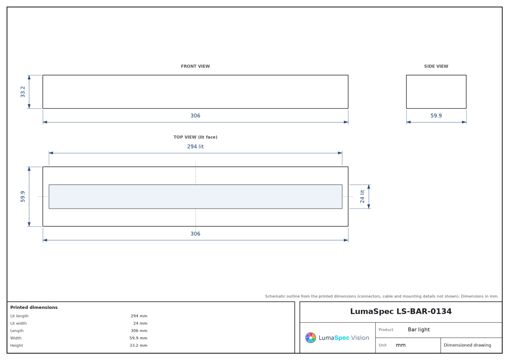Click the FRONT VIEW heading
tap(195, 66)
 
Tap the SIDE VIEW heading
tap(436, 66)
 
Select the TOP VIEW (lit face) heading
tap(195, 137)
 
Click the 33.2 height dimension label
tap(22, 92)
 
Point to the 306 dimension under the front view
tap(195, 115)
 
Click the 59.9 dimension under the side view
tap(436, 115)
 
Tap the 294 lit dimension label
tap(195, 146)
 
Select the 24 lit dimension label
tap(362, 197)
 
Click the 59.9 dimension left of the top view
tap(22, 197)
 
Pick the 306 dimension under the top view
tap(195, 233)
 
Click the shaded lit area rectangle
tap(196, 197)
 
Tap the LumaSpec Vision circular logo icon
tap(310, 337)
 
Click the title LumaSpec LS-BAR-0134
tap(400, 311)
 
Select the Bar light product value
tap(419, 329)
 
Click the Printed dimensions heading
tap(34, 307)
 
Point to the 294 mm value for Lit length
tap(139, 316)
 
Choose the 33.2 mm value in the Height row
tap(138, 345)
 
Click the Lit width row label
tap(18, 323)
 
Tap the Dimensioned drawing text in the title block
tap(467, 345)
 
